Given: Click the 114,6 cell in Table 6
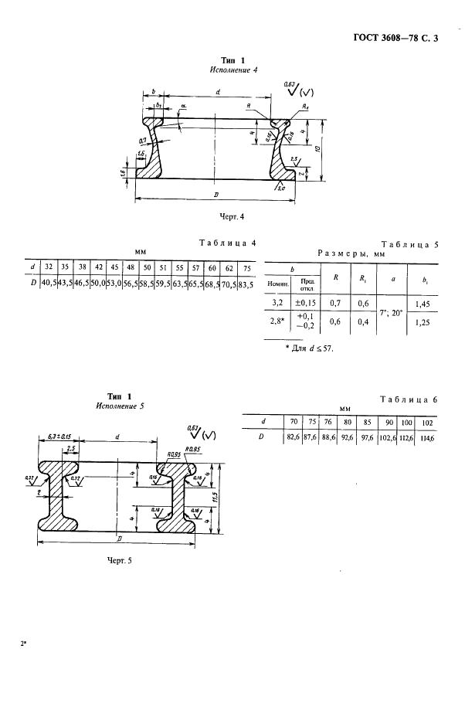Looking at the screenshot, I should pos(426,437).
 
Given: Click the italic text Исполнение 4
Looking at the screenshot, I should pos(232,70).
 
